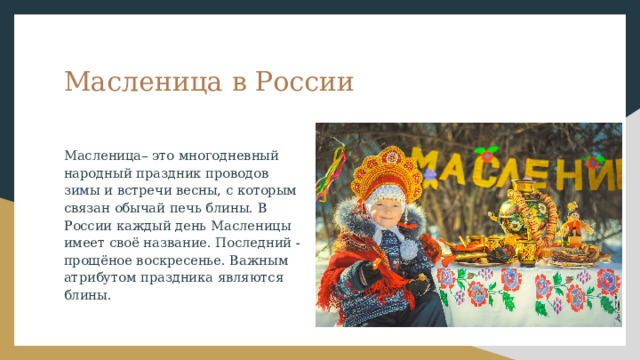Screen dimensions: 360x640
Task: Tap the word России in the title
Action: pos(305,82)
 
